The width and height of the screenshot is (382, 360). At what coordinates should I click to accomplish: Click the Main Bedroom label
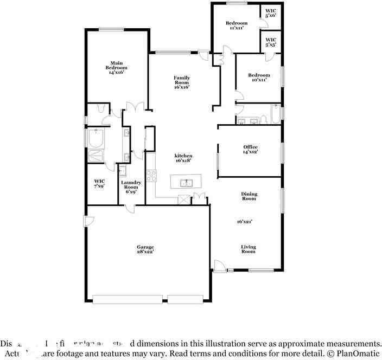coord(117,67)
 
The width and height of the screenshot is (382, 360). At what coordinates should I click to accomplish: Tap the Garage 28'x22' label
coord(145,249)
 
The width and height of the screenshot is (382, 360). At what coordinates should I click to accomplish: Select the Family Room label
coord(182,82)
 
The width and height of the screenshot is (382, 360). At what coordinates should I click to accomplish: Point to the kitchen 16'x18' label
coord(184,158)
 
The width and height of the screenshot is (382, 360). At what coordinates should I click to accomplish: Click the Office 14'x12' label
coord(250,149)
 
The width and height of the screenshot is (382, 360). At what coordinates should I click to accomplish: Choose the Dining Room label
coord(249,196)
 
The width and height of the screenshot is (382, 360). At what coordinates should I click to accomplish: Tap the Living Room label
coord(249,249)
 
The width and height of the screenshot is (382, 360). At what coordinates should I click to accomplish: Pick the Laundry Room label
coord(131,187)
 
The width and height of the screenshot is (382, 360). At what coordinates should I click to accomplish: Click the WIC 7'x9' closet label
coord(99,183)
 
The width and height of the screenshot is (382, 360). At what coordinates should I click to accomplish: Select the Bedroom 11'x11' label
coord(237,25)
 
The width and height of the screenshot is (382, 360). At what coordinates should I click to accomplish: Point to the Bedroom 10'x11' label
coord(259,78)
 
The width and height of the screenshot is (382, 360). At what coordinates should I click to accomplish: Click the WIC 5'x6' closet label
coord(271,12)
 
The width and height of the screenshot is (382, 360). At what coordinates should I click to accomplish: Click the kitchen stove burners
coord(151,176)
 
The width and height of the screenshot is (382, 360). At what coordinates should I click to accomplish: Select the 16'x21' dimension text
coord(245,221)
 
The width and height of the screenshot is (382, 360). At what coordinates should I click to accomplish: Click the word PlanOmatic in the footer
coord(356,353)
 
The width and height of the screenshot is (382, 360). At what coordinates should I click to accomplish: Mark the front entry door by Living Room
coord(220,266)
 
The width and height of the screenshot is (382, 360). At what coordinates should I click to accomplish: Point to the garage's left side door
coord(89,221)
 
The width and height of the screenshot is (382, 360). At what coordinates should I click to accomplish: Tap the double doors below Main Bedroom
coord(135,107)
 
